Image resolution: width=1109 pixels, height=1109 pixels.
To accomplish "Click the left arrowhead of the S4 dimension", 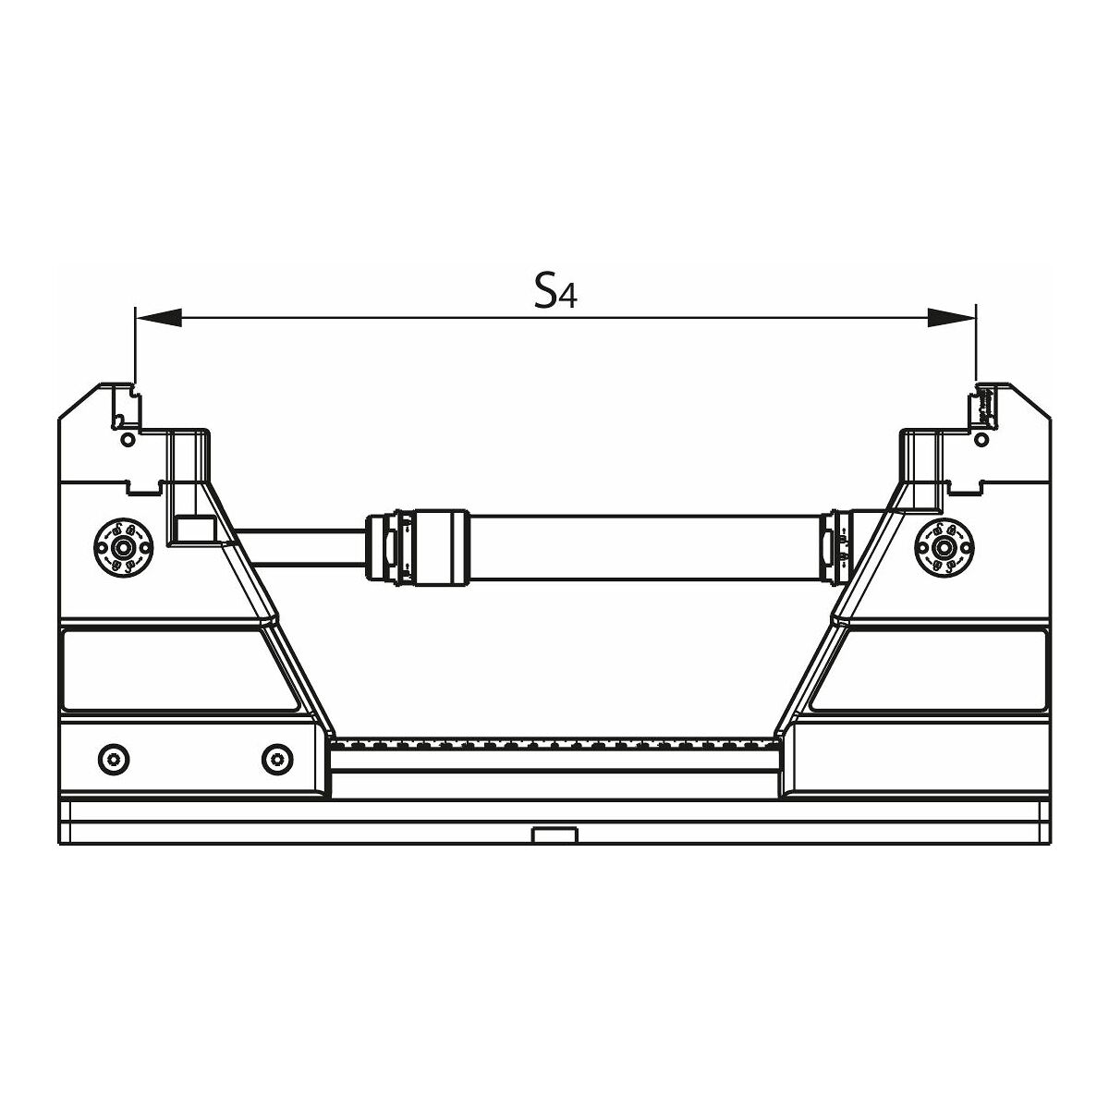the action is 158,317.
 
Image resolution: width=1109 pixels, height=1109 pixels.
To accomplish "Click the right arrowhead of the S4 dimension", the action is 952,317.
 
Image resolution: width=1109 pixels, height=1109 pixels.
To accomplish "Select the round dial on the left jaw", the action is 123,545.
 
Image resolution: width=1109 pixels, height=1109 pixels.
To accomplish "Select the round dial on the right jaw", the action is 944,545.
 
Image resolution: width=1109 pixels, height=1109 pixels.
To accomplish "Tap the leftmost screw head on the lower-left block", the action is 114,760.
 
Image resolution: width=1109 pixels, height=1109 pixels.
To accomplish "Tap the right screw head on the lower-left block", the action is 277,760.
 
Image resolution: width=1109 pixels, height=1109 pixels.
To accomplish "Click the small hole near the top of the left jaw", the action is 128,440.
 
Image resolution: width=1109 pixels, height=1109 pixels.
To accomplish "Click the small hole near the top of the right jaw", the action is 981,440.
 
